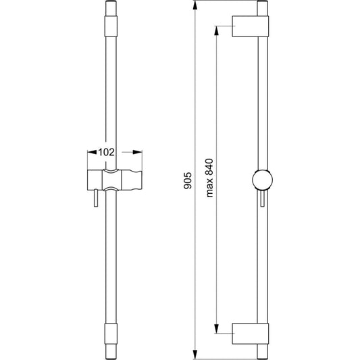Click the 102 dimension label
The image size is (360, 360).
[x=106, y=152]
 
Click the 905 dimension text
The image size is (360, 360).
[x=188, y=180]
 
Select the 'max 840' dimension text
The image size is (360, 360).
[x=209, y=178]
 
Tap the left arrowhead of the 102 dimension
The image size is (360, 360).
[x=92, y=152]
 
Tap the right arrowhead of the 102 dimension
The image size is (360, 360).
[x=138, y=152]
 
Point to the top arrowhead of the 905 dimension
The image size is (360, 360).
[x=195, y=5]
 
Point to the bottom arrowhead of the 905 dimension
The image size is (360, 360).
[x=195, y=355]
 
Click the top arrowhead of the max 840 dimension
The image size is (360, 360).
[x=216, y=30]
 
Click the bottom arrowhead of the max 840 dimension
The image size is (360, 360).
[x=216, y=328]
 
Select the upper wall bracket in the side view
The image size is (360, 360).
[x=251, y=26]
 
